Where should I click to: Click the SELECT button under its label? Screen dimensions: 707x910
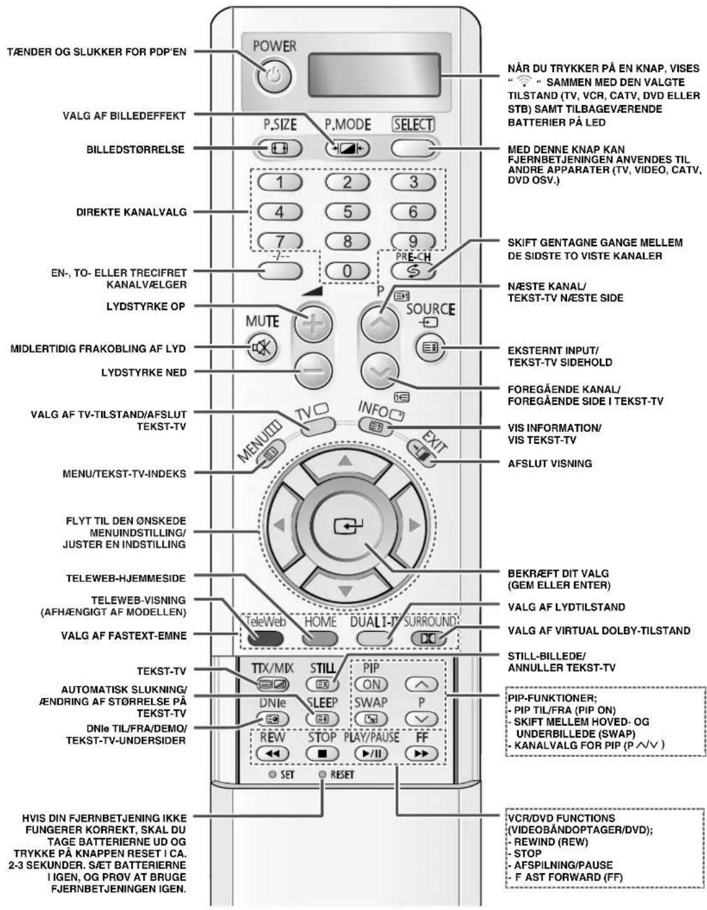(x=414, y=148)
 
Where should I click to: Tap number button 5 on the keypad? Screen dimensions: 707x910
(x=347, y=211)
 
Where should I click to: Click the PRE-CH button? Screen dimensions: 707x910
(x=414, y=271)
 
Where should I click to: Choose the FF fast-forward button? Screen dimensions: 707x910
(x=422, y=753)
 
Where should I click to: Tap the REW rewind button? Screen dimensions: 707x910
(x=272, y=753)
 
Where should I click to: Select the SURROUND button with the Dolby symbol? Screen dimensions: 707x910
(x=428, y=638)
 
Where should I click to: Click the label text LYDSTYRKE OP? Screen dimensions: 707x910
(x=146, y=307)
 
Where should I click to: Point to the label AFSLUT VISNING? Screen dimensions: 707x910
(x=550, y=464)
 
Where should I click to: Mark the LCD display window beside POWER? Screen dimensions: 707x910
(x=374, y=76)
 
